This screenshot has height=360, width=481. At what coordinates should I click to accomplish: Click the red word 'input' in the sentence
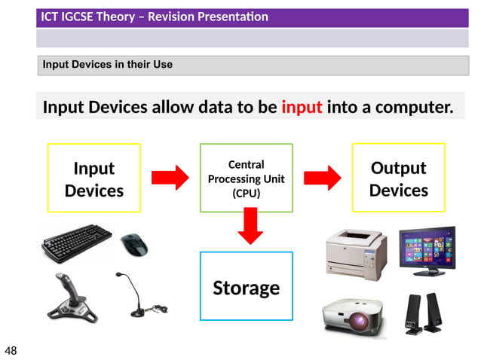(x=302, y=107)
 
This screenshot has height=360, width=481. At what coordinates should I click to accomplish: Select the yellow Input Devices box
(x=93, y=178)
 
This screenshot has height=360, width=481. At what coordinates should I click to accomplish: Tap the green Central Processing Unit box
(x=246, y=178)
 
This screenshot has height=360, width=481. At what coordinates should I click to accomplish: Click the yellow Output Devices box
(x=398, y=178)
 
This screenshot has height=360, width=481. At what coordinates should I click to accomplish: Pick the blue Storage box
(x=246, y=286)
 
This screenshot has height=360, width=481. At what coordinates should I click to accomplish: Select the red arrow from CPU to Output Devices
(x=322, y=178)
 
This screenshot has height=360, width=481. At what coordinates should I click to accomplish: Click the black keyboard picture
(x=77, y=244)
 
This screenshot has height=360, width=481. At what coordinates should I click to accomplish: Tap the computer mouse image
(x=135, y=244)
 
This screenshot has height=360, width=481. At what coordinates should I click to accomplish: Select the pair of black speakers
(x=424, y=313)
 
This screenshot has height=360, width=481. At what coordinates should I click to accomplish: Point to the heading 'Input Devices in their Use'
(x=108, y=65)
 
